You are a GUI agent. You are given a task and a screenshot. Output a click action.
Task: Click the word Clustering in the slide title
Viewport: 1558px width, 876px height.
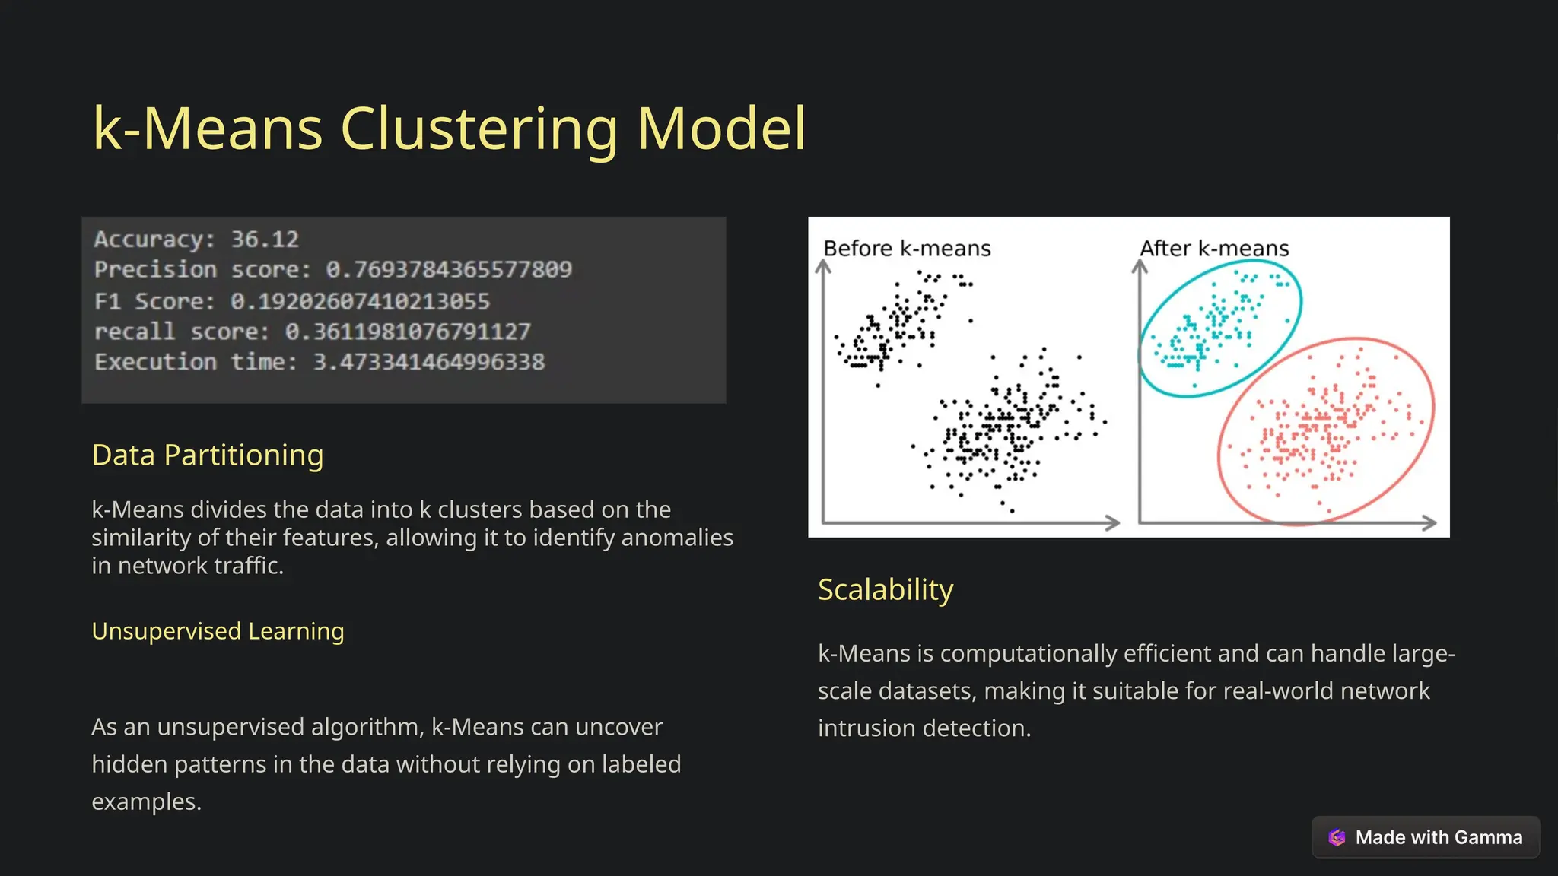click(479, 129)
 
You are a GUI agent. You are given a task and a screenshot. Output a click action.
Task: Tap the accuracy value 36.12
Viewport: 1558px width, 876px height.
click(265, 240)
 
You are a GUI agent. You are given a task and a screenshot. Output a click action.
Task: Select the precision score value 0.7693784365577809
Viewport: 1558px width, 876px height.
click(449, 269)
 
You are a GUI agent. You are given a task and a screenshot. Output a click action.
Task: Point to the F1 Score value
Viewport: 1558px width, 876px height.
click(360, 301)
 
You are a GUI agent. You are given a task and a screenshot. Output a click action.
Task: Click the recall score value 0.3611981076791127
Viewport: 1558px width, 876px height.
click(408, 332)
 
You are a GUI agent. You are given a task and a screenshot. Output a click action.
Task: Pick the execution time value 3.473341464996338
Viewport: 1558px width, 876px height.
click(429, 362)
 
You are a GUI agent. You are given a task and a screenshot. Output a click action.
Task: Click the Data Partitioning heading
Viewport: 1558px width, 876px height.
click(208, 455)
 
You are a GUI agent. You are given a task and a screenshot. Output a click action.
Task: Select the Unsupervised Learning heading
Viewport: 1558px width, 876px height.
click(218, 631)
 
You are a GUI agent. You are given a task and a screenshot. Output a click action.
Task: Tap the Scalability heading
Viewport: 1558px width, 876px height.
click(886, 589)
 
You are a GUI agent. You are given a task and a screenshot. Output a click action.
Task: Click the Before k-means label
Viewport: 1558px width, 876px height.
click(907, 249)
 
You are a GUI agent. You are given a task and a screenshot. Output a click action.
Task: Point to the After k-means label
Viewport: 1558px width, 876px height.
click(1214, 249)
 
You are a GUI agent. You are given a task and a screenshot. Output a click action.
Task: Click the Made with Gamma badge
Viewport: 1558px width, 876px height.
click(1426, 837)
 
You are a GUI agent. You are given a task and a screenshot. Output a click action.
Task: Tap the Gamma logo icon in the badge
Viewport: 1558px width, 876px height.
click(1337, 837)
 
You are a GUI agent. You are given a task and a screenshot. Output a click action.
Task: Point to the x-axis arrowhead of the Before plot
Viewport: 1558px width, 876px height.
click(1112, 522)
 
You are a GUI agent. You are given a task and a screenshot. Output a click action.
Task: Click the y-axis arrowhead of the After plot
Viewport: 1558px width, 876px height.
click(1139, 266)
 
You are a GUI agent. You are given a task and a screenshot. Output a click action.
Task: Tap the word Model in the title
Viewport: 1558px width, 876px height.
click(721, 129)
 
